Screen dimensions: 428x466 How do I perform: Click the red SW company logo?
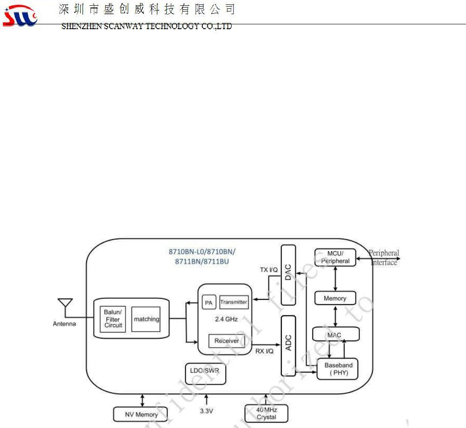point(20,16)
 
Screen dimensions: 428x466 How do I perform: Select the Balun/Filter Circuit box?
point(113,319)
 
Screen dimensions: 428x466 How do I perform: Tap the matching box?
point(146,319)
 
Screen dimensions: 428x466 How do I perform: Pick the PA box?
point(208,303)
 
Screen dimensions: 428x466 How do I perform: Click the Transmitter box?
point(234,302)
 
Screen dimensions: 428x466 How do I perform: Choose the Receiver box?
point(227,341)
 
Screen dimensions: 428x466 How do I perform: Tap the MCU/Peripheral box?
point(335,257)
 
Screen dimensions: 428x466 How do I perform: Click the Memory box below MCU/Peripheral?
point(335,298)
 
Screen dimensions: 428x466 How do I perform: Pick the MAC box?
point(335,335)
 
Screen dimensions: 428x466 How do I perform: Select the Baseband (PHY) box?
point(338,369)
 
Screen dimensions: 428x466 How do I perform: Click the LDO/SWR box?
point(205,374)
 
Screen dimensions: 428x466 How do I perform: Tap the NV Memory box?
point(141,414)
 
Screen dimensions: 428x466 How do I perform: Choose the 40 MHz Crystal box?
point(266,413)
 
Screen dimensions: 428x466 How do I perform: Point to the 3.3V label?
point(206,411)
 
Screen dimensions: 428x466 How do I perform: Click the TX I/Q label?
point(268,269)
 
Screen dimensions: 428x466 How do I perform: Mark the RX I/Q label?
point(265,351)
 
